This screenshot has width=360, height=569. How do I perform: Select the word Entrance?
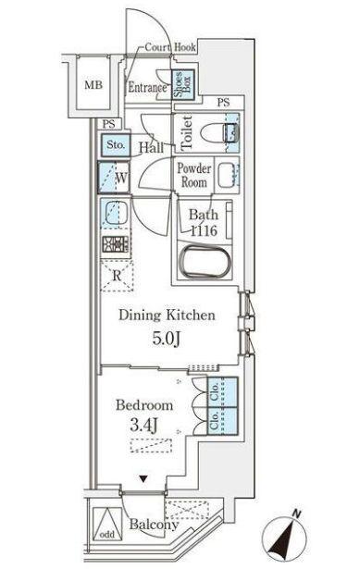click(x=147, y=89)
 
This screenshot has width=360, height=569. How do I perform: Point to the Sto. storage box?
click(x=115, y=145)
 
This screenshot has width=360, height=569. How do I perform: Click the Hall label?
click(x=153, y=147)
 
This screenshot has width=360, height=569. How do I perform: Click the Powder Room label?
click(x=195, y=176)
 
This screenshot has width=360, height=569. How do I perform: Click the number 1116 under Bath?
click(x=203, y=231)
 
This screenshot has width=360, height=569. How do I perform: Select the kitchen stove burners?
click(x=115, y=246)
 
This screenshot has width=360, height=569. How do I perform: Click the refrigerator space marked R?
click(x=118, y=276)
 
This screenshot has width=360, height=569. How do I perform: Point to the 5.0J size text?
click(x=167, y=339)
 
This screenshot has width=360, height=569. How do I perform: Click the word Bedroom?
click(x=144, y=405)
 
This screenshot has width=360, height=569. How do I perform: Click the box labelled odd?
click(x=107, y=534)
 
